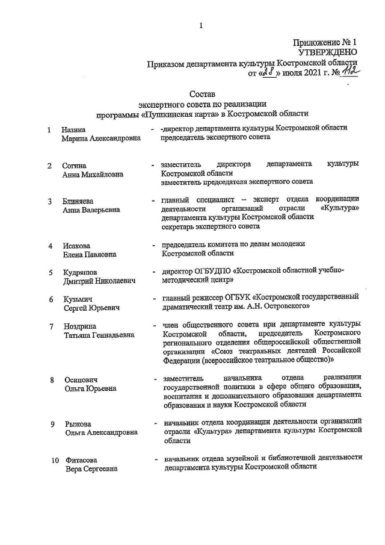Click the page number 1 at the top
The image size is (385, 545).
tap(200, 25)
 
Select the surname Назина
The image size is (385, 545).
tap(73, 129)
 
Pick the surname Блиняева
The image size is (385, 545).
tap(78, 201)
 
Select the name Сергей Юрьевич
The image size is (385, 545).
tap(91, 308)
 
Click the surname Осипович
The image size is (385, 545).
tap(81, 380)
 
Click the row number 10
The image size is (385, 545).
tap(54, 460)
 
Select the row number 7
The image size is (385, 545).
tap(52, 326)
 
